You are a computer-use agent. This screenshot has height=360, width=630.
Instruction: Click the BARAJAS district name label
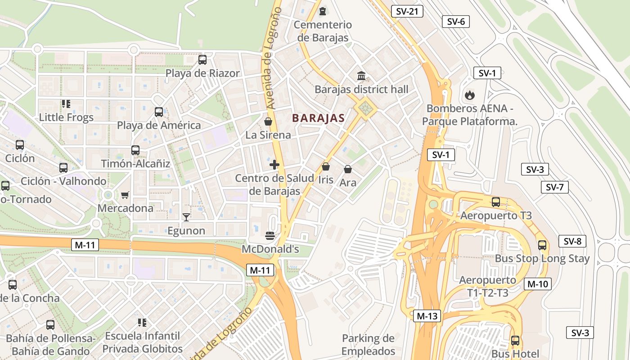[x=318, y=118]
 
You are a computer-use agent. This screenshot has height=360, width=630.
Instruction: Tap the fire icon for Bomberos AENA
[x=469, y=95]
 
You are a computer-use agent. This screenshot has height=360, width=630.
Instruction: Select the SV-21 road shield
[x=407, y=11]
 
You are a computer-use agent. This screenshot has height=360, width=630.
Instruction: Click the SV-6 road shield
[x=456, y=21]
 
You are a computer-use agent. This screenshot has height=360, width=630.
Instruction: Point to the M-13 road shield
[x=427, y=316]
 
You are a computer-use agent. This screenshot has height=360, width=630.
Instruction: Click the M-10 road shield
[x=537, y=284]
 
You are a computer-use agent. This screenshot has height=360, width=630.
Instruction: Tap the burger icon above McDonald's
[x=270, y=235]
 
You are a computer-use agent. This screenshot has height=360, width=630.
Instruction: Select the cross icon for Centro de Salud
[x=274, y=165]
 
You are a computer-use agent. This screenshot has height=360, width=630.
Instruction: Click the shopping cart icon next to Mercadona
[x=125, y=195]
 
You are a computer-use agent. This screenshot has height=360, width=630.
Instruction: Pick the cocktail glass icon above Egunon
[x=186, y=217]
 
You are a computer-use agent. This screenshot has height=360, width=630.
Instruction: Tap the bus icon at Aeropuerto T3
[x=496, y=202]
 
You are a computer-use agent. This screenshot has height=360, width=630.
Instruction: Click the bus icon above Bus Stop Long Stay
[x=542, y=245]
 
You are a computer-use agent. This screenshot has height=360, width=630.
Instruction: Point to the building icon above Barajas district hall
[x=361, y=76]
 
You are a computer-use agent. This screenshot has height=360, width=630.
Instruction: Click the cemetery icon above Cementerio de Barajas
[x=323, y=11]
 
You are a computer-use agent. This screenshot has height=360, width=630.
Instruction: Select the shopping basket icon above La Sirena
[x=268, y=121]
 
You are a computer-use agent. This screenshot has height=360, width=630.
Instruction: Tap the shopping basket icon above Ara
[x=348, y=169]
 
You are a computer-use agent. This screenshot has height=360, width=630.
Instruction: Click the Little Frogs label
[x=66, y=117]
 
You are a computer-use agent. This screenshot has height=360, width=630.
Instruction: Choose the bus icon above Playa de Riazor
[x=202, y=59]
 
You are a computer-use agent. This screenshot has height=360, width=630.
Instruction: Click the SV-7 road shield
[x=554, y=187]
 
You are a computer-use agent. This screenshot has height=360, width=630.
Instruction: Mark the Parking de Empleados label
[x=368, y=345]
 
